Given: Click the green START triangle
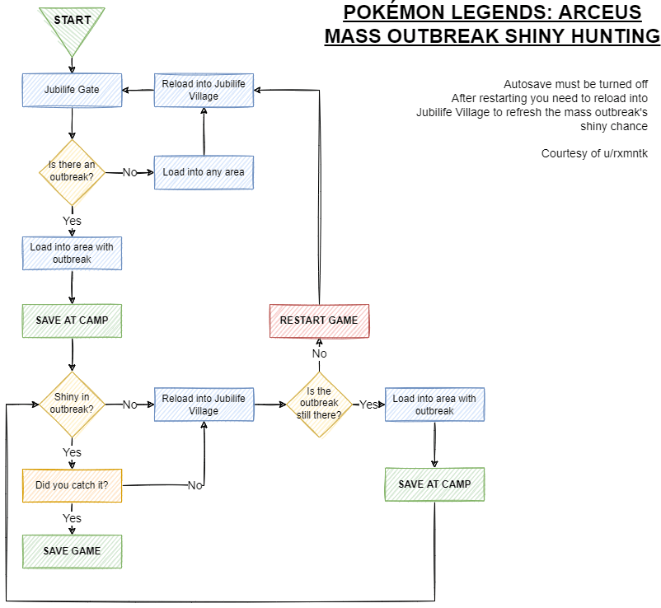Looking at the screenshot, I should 73,22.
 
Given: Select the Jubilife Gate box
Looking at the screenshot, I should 73,90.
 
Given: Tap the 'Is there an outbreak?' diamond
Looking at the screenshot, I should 73,171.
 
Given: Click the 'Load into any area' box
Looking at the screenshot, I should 204,172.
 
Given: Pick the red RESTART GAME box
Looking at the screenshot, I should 319,320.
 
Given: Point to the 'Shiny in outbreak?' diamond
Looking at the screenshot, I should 73,404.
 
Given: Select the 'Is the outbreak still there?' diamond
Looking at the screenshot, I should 319,404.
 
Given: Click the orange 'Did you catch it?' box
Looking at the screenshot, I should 73,485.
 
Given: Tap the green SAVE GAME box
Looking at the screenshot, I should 73,551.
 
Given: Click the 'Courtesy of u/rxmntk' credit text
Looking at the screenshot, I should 593,153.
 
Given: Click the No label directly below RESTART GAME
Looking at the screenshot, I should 319,353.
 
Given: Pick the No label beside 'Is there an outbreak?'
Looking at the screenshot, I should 130,172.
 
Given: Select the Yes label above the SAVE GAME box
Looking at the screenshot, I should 73,518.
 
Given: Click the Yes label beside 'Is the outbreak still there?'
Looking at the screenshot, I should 368,405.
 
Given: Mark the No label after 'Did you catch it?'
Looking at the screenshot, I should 195,485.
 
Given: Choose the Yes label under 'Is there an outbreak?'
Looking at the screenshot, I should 73,221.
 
